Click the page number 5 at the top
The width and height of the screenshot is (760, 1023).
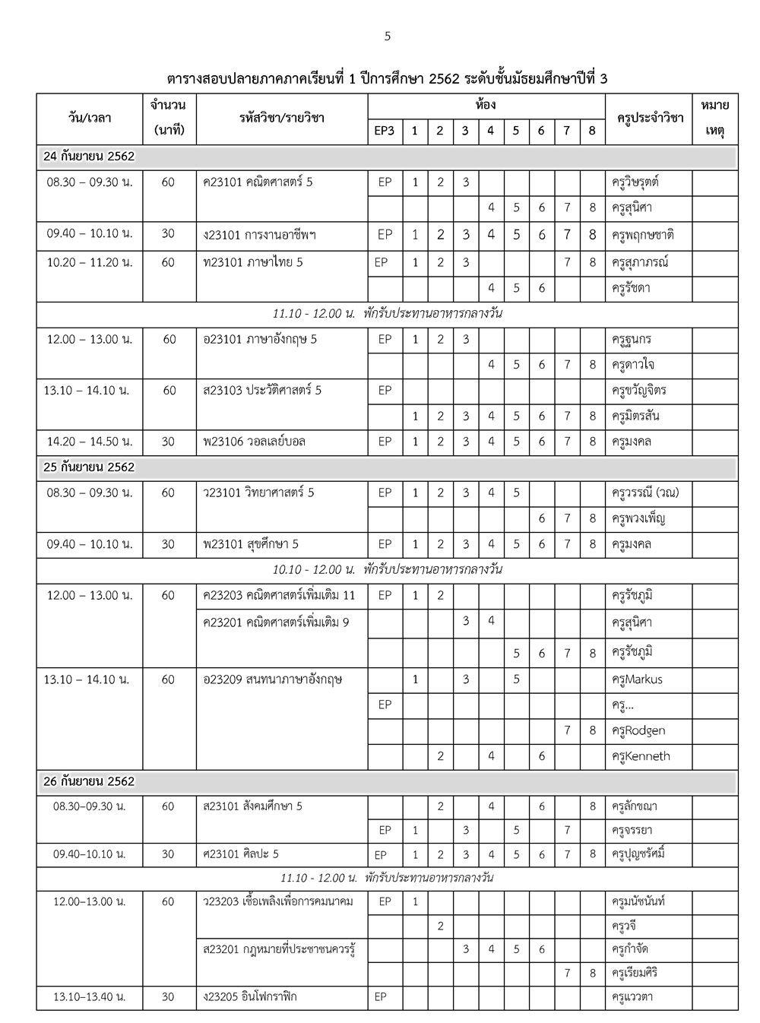(x=388, y=36)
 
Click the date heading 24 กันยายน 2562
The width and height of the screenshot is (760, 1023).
(x=89, y=157)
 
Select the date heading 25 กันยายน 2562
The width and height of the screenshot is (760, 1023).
(x=89, y=467)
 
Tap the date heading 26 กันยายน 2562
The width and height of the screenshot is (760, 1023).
(x=89, y=781)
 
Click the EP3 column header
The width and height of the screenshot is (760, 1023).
(x=385, y=131)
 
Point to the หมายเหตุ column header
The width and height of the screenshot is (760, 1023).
(x=714, y=118)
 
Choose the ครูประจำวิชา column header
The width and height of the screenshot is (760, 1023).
(x=649, y=118)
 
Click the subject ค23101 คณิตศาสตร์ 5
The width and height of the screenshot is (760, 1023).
(x=258, y=182)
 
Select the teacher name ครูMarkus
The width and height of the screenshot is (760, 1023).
(x=637, y=679)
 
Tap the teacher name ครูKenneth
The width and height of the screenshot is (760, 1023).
(x=641, y=756)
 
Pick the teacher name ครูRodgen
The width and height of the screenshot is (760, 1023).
(x=638, y=730)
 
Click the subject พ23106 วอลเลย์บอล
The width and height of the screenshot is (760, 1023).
(x=254, y=442)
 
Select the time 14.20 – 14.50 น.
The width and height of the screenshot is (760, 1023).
(x=90, y=442)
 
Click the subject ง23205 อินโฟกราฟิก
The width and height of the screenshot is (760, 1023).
(x=250, y=996)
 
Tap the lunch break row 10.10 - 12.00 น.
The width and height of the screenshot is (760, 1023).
(x=387, y=569)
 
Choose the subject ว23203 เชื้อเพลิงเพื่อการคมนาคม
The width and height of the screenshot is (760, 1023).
(x=278, y=901)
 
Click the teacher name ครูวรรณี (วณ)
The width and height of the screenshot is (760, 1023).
(x=645, y=492)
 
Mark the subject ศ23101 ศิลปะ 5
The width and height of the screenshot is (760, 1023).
(x=241, y=854)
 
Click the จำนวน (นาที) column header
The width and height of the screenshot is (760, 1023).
(x=169, y=118)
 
